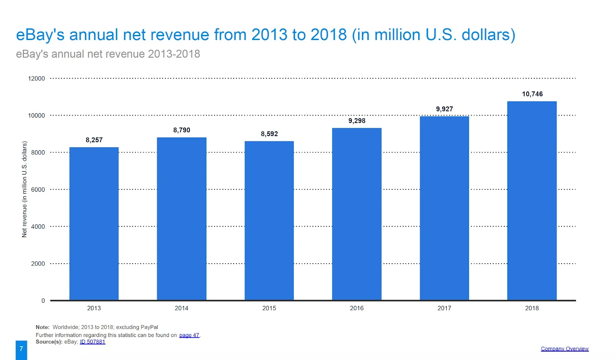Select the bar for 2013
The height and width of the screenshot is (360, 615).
click(x=94, y=223)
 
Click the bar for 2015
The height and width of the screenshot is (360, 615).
click(x=269, y=221)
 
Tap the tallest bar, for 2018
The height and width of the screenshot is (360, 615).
click(x=532, y=201)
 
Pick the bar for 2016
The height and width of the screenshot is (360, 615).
click(x=357, y=214)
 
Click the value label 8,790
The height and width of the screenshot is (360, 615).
click(x=181, y=130)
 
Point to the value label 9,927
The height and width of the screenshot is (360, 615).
click(x=444, y=109)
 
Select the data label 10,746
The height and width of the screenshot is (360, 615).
click(x=532, y=94)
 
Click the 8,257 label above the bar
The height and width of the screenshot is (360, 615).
click(x=94, y=140)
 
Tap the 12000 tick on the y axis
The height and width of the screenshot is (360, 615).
click(x=37, y=78)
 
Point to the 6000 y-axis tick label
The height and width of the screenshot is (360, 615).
click(x=38, y=189)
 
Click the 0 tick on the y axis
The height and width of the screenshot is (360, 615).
click(x=43, y=301)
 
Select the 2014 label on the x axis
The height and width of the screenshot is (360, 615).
click(x=181, y=308)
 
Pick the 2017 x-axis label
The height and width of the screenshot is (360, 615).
click(x=444, y=308)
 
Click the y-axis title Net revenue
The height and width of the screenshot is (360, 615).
click(x=25, y=189)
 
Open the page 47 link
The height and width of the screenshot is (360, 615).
click(x=189, y=335)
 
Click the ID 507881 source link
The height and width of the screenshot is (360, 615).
click(x=92, y=342)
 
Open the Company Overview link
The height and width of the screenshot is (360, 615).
click(x=565, y=349)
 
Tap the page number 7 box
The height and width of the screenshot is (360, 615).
click(x=22, y=349)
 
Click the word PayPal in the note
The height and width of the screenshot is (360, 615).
click(x=149, y=327)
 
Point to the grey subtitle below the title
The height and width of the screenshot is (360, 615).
click(x=108, y=54)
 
